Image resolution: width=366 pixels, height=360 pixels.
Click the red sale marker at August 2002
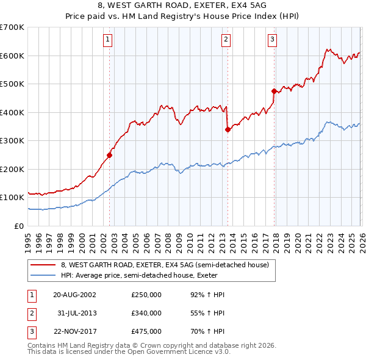pyautogui.click(x=110, y=154)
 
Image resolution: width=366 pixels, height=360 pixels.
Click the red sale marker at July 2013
pyautogui.click(x=228, y=129)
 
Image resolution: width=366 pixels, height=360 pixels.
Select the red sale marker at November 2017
pyautogui.click(x=274, y=91)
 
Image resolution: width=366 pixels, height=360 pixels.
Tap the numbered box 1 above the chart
pyautogui.click(x=107, y=40)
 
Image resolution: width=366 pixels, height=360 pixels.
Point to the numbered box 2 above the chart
pyautogui.click(x=226, y=40)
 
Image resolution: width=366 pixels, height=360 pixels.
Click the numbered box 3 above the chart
pyautogui.click(x=272, y=40)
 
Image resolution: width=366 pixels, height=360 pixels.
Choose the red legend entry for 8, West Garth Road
pyautogui.click(x=168, y=264)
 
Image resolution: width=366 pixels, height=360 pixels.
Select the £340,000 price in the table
pyautogui.click(x=146, y=313)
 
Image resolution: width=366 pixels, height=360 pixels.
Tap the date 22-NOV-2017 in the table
pyautogui.click(x=74, y=332)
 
